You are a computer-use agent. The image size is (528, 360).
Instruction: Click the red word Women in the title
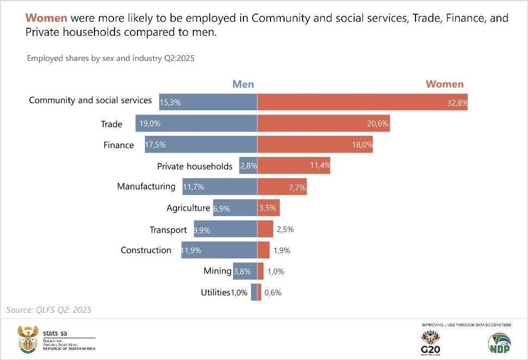[46, 18]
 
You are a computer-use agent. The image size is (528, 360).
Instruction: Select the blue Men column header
[243, 84]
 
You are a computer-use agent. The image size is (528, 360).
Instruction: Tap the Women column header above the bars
[444, 84]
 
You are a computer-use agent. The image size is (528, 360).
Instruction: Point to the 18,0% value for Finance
[363, 145]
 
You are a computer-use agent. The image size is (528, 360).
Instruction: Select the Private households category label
[194, 166]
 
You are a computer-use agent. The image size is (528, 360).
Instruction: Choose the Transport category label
[168, 230]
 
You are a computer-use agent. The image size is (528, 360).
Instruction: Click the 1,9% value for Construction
[282, 250]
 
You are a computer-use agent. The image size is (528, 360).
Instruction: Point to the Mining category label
[217, 271]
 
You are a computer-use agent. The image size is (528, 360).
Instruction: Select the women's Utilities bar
[259, 292]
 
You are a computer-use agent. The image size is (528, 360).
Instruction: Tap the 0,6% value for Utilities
[273, 293]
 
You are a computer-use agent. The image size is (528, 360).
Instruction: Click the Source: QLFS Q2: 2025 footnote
[49, 310]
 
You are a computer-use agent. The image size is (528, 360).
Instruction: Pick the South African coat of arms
[27, 339]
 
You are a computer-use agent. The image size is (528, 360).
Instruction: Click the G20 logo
[430, 342]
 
